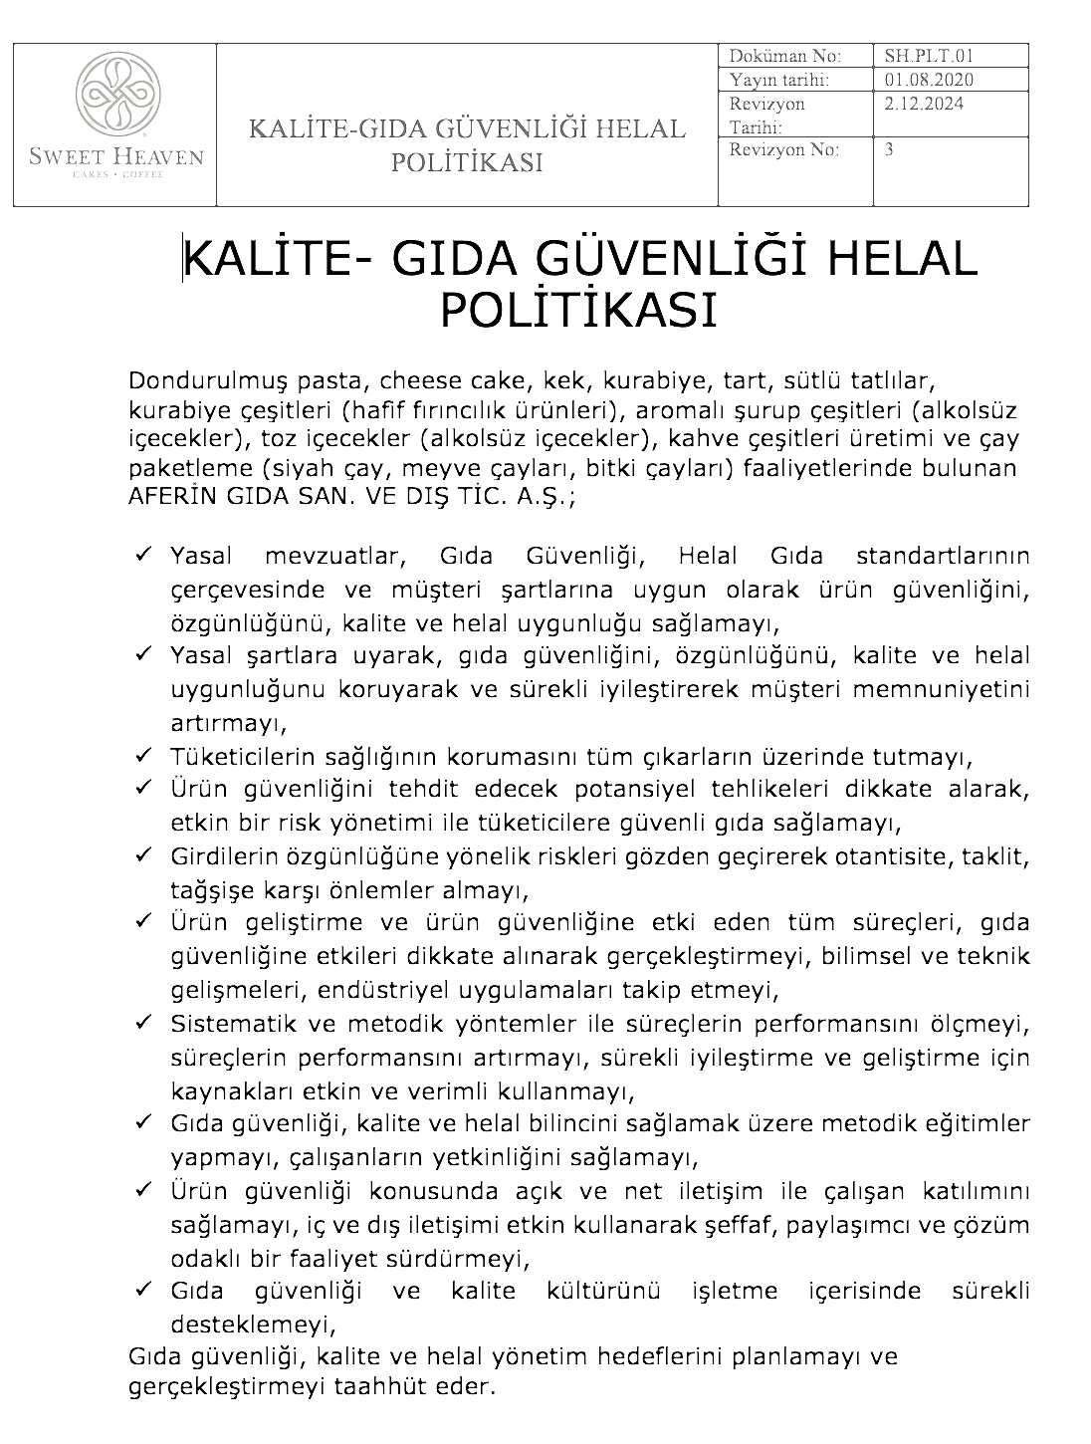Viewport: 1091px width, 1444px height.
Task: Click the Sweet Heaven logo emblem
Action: [x=114, y=95]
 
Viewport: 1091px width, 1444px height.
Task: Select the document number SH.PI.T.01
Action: [x=921, y=56]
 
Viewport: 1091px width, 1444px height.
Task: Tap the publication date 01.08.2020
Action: [x=928, y=80]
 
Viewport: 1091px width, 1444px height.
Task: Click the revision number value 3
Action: [x=889, y=150]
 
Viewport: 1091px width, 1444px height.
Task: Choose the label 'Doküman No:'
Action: [x=784, y=56]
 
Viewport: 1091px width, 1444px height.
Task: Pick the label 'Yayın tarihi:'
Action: [x=778, y=80]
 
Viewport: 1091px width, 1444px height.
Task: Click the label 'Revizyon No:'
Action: [x=783, y=150]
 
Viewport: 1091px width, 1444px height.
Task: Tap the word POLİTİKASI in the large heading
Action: [x=578, y=310]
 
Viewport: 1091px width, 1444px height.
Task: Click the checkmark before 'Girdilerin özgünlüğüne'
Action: [x=142, y=854]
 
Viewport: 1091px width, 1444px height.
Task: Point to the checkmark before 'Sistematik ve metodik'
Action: [x=142, y=1022]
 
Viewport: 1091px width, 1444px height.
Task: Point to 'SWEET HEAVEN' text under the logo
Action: [x=115, y=156]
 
